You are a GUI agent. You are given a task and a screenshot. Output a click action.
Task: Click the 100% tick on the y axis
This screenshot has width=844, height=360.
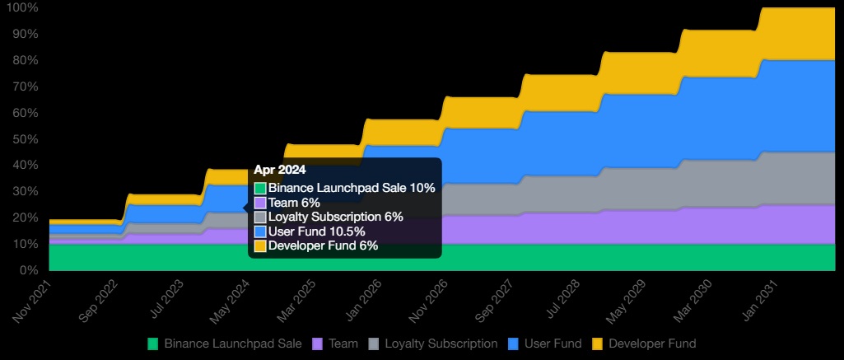point(22,7)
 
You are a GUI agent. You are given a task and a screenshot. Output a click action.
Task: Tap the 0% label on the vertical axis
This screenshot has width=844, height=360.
point(28,270)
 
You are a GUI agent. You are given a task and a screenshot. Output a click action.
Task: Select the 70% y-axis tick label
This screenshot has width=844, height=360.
point(25,86)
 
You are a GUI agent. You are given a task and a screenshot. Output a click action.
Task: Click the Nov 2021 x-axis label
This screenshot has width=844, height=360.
point(34,302)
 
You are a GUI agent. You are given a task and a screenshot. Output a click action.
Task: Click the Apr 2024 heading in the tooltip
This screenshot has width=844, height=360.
point(280,170)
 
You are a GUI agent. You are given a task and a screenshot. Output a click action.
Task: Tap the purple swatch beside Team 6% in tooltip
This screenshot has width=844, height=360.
point(260,203)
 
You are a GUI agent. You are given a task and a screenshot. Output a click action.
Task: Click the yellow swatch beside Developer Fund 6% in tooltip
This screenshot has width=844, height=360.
point(260,246)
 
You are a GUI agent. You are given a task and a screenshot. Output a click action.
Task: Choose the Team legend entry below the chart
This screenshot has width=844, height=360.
point(337,344)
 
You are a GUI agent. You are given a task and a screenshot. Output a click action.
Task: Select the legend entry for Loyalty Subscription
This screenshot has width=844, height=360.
point(441,344)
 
